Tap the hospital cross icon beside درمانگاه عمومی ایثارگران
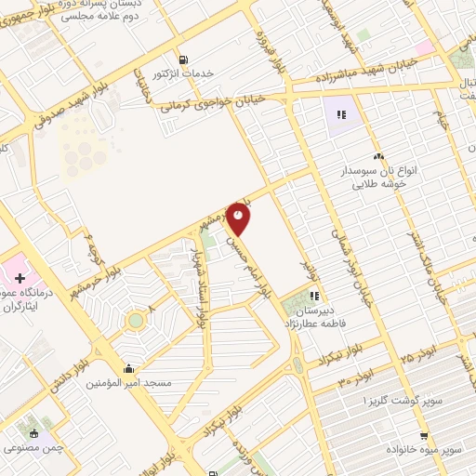pos(20,279)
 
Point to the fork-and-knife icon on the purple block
pos(341,115)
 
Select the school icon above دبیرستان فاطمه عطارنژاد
pos(326,296)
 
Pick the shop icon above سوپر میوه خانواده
pos(423,435)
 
